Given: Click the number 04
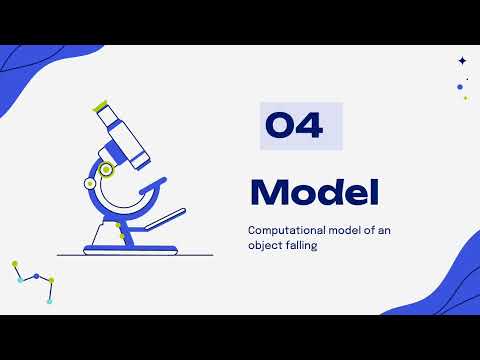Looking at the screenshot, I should point(294,126).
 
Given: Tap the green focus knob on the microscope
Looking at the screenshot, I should point(107,170).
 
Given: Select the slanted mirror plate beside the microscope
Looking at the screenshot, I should point(160,217).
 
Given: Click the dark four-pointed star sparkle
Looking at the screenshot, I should point(462,60).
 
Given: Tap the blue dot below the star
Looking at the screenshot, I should point(460,87).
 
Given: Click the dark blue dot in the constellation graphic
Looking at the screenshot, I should point(36,275).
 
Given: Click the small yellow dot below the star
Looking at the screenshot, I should point(465,98).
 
